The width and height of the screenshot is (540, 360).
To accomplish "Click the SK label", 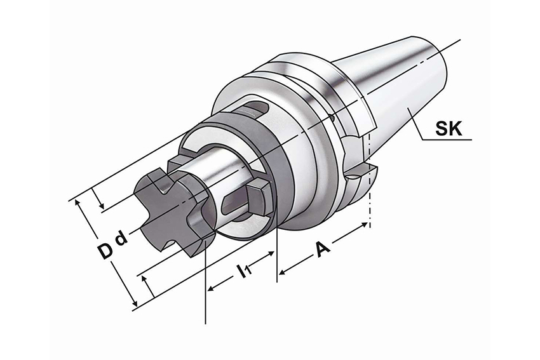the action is click(x=449, y=129).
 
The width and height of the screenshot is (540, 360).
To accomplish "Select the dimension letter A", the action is click(x=322, y=248).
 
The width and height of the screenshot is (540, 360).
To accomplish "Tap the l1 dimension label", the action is click(x=244, y=270).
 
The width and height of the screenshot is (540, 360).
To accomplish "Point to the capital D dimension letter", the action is click(x=104, y=251).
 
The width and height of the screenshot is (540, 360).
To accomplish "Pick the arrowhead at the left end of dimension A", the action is click(x=282, y=272).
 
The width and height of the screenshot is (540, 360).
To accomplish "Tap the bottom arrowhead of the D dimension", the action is click(x=135, y=303).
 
